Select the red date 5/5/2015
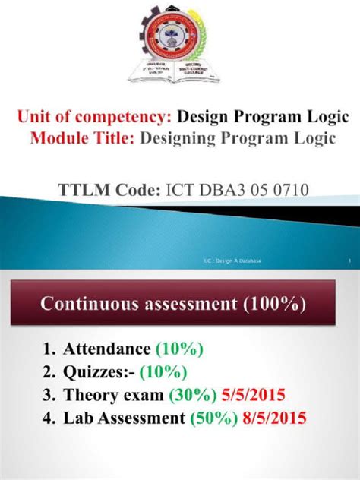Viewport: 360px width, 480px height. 256,395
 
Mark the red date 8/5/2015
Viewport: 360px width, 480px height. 279,418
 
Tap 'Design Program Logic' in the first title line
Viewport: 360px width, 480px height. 263,118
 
